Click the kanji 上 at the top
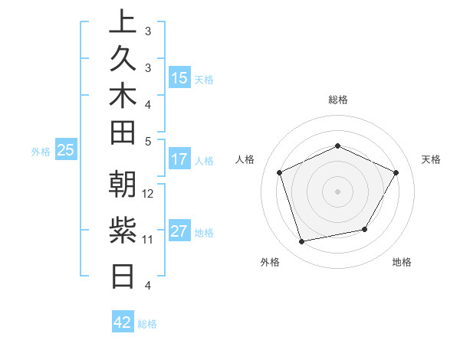coord(123,21)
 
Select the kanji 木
coord(123,97)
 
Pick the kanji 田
coord(123,134)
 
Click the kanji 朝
coord(123,184)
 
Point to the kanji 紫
coord(123,229)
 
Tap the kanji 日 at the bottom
coord(123,274)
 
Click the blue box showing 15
coord(179,78)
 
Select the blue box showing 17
coord(179,160)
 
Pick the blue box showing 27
coord(179,232)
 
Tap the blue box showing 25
coord(66,151)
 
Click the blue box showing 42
coord(123,322)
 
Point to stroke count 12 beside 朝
coord(149,193)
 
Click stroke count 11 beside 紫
coord(148,239)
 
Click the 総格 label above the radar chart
coord(338,100)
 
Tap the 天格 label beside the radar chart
coord(432,159)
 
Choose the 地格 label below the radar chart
coord(402,262)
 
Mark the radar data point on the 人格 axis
coord(280,172)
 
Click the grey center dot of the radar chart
coord(337,191)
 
